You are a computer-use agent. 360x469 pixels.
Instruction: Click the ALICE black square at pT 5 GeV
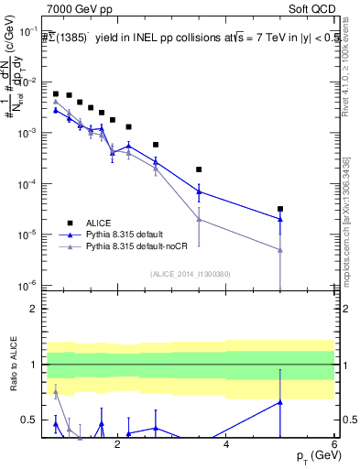(x=280, y=209)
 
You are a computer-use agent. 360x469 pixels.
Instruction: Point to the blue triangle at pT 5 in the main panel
(x=280, y=219)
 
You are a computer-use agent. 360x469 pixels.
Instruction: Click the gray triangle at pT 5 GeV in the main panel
(x=280, y=250)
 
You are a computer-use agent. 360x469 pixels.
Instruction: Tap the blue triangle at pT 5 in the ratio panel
(x=280, y=401)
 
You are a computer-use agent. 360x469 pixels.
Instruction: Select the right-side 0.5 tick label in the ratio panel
(x=349, y=420)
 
